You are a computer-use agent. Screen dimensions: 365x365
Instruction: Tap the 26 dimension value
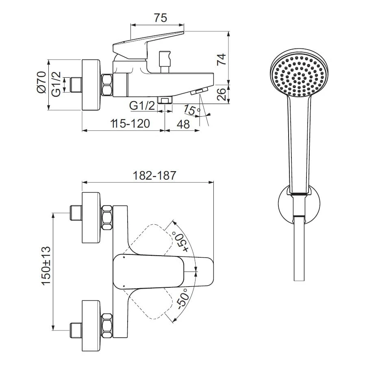222,94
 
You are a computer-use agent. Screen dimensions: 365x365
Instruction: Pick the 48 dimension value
184,124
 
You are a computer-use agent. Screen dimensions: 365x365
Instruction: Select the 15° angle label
191,110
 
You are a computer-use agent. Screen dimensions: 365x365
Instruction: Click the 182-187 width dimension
154,176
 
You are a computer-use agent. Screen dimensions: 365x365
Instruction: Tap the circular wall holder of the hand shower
300,206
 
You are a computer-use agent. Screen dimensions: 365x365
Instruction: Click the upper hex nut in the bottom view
107,217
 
